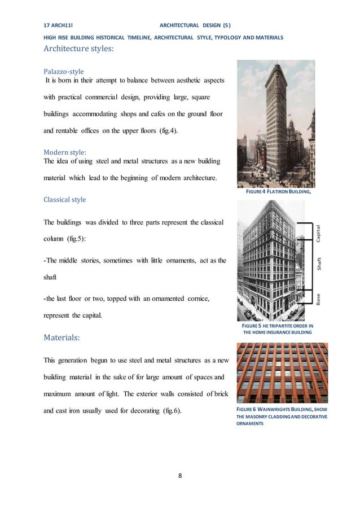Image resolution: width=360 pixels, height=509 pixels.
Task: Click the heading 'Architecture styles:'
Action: (x=79, y=49)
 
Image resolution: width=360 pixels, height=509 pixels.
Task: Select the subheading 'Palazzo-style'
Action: (x=64, y=72)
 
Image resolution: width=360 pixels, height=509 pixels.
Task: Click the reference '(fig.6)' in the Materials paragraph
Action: (x=169, y=410)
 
